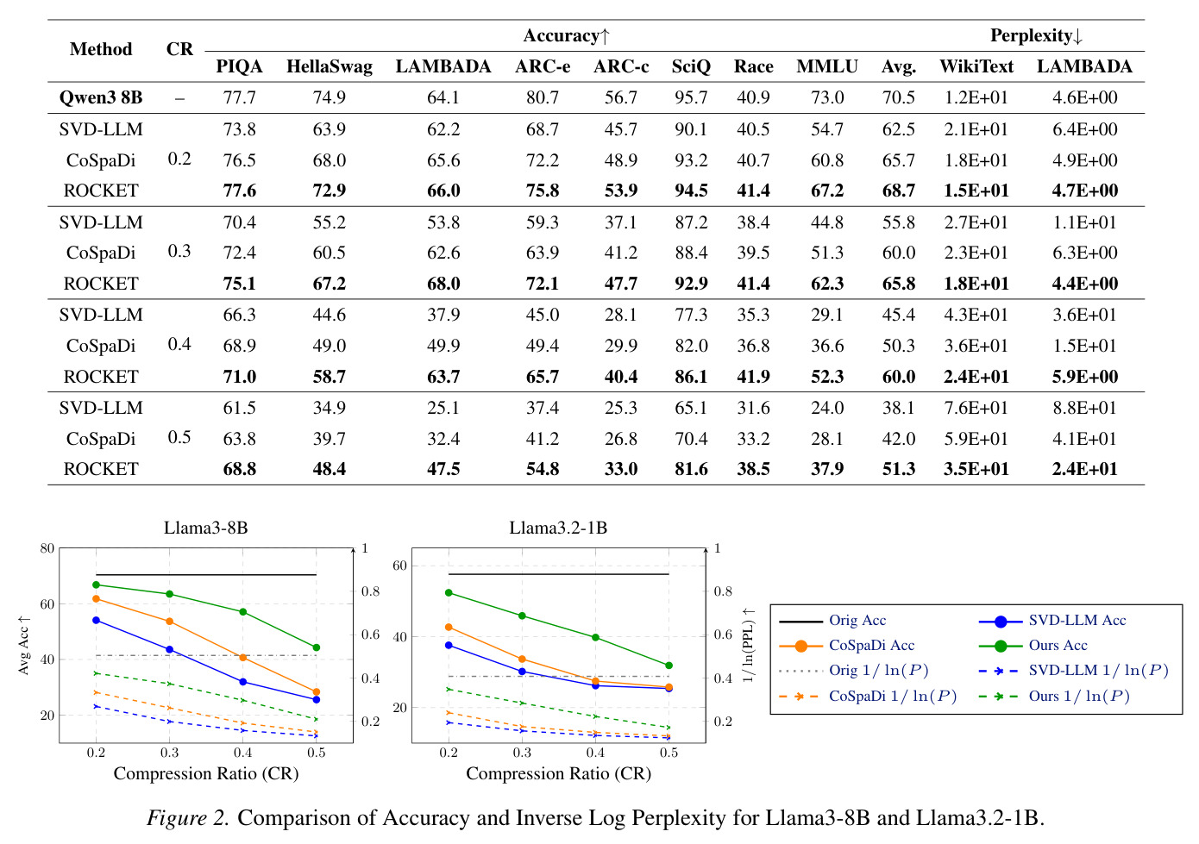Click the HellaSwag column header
pyautogui.click(x=330, y=66)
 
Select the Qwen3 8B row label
pyautogui.click(x=101, y=97)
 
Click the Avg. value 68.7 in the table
pyautogui.click(x=899, y=191)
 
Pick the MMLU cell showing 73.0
pyautogui.click(x=827, y=97)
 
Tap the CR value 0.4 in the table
pyautogui.click(x=179, y=344)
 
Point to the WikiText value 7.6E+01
pyautogui.click(x=976, y=408)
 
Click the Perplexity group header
pyautogui.click(x=1036, y=36)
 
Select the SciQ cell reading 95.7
pyautogui.click(x=691, y=97)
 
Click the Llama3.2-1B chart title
pyautogui.click(x=558, y=528)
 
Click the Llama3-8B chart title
pyautogui.click(x=205, y=528)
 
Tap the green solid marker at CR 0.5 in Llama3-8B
pyautogui.click(x=317, y=647)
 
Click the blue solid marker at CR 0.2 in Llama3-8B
pyautogui.click(x=97, y=621)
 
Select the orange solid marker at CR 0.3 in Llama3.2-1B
pyautogui.click(x=523, y=659)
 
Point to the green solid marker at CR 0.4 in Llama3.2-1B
pyautogui.click(x=595, y=638)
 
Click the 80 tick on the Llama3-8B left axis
pyautogui.click(x=47, y=548)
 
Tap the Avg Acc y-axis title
pyautogui.click(x=23, y=645)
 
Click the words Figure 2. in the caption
pyautogui.click(x=188, y=818)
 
